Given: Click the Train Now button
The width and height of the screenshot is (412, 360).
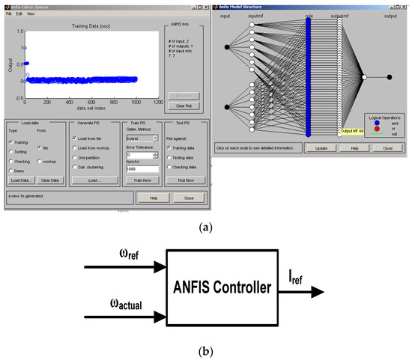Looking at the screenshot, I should (x=141, y=180).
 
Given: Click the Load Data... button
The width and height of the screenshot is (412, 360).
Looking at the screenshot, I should (x=22, y=180).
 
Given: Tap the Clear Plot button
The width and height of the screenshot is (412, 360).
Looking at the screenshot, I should (x=179, y=106).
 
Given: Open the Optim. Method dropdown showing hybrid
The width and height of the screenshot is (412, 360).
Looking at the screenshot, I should (x=141, y=138).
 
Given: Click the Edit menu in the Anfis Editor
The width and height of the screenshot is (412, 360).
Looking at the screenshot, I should (x=19, y=13).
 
